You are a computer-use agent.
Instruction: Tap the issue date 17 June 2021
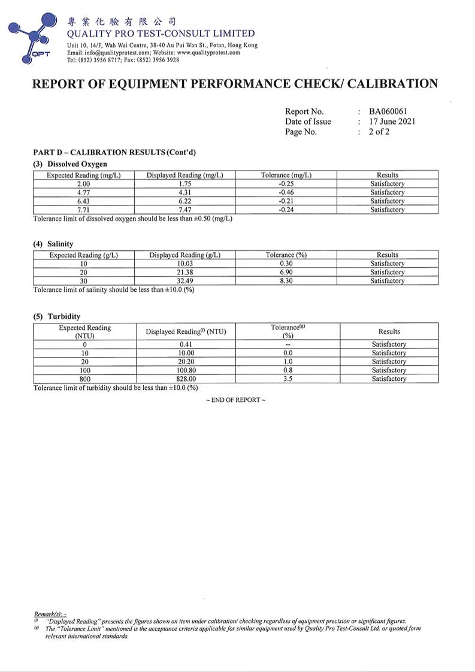392,122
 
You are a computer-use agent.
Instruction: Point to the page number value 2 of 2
379,132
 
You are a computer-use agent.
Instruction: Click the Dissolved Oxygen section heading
69,164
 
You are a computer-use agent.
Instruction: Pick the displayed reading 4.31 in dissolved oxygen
184,192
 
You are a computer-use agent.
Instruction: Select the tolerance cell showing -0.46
286,192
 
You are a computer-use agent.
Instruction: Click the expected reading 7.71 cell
83,210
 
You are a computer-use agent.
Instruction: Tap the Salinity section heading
53,244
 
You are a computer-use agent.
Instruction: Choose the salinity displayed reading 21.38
184,273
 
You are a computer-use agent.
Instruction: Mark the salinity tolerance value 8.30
286,281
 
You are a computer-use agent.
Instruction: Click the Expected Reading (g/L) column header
83,255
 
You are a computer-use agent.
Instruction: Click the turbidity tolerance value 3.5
288,379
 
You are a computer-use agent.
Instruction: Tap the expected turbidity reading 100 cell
84,370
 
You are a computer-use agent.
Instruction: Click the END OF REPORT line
235,400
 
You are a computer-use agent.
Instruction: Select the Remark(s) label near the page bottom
51,615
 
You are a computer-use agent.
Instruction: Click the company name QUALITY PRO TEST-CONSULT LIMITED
161,34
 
